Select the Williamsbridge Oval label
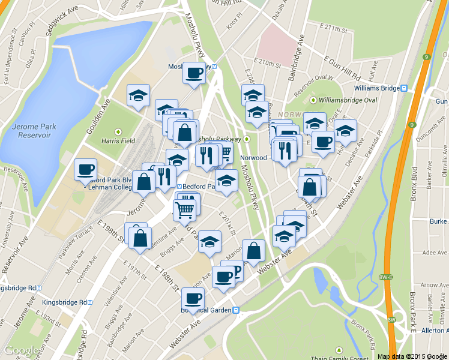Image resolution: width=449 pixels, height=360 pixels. click(348, 100)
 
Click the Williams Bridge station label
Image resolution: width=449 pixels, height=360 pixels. click(376, 88)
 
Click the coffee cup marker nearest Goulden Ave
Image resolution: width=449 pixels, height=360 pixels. click(85, 169)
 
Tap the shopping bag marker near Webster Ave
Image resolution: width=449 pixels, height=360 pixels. click(253, 251)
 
